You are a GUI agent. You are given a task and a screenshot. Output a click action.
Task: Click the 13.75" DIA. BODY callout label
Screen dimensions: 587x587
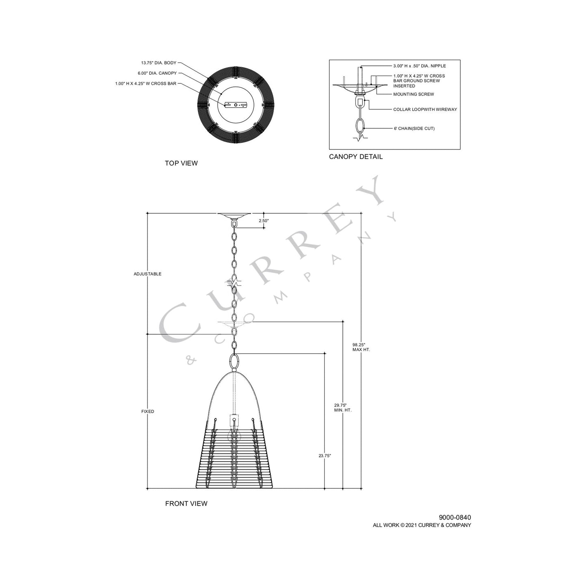158,63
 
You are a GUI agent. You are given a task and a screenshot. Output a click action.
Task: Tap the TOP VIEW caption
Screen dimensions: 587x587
181,163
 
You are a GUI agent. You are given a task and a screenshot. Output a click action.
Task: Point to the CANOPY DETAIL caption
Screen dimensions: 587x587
355,157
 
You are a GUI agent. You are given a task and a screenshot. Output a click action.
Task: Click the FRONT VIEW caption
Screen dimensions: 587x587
186,504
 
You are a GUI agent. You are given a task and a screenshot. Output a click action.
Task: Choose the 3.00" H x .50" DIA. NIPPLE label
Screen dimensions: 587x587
419,66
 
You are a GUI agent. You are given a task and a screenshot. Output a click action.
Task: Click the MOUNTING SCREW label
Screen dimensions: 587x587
413,94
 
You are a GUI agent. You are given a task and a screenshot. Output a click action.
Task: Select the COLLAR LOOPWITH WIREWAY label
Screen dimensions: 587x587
425,110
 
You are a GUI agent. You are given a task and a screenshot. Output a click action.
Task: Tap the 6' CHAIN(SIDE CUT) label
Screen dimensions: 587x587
414,128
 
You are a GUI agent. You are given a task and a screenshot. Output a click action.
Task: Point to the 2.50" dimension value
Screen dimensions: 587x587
264,221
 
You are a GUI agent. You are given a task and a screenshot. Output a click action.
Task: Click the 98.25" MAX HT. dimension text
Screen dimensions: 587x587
361,347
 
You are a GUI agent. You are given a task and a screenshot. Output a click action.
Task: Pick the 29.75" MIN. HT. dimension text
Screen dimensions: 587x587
342,407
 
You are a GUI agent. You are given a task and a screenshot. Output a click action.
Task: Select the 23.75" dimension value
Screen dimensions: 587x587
325,456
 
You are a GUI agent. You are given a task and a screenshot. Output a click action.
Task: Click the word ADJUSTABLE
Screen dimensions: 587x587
147,274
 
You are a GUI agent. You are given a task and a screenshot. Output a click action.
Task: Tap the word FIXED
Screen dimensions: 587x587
147,412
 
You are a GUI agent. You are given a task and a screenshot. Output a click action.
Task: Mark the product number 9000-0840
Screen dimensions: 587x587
455,518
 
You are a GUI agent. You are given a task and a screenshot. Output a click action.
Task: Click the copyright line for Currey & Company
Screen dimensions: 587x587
422,525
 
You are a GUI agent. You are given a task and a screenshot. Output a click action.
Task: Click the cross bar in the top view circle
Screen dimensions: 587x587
235,105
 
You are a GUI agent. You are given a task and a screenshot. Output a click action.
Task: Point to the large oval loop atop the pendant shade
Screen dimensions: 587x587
234,361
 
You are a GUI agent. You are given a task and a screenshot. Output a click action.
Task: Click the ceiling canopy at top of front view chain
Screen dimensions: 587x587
234,215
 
